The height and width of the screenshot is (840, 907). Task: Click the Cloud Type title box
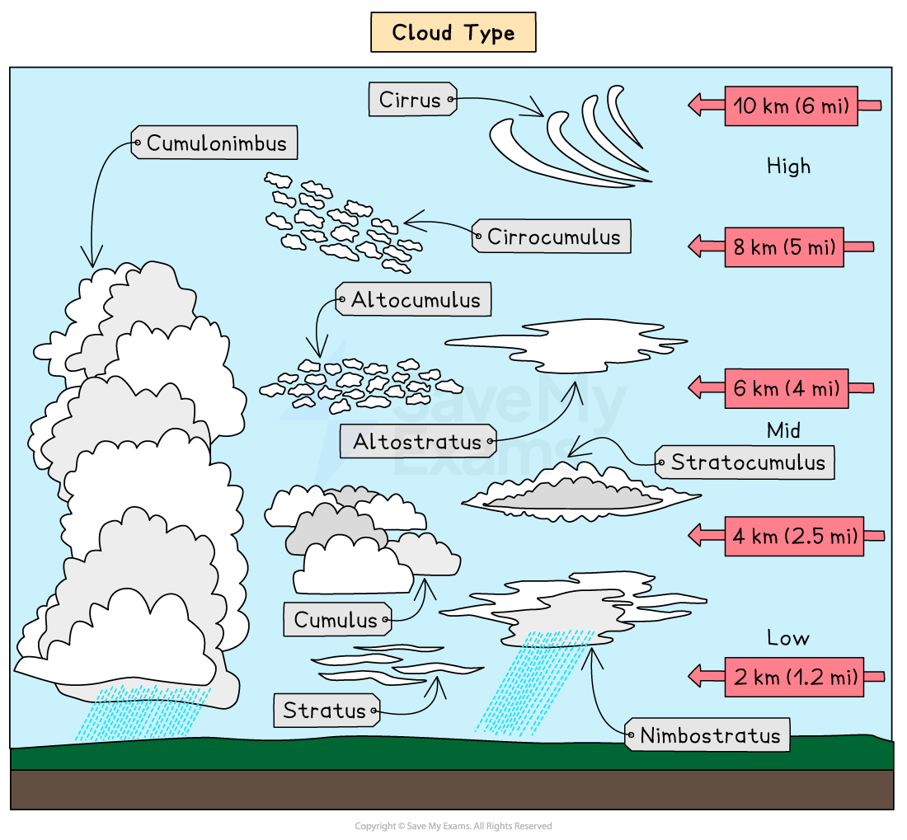453,33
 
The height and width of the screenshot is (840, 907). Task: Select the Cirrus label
411,100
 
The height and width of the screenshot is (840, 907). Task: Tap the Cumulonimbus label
215,143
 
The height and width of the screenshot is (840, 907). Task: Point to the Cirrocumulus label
552,237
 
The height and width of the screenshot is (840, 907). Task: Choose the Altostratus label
418,442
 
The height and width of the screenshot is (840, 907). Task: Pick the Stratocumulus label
746,462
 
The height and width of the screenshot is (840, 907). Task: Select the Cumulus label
336,620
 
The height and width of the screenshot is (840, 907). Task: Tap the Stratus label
325,710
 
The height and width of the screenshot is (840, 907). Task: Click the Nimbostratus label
708,734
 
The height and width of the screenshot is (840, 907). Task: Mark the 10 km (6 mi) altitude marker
791,106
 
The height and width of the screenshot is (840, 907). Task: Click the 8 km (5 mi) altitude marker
784,246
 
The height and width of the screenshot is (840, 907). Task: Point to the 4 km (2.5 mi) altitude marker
794,536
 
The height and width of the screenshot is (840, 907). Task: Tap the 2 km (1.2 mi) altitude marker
794,678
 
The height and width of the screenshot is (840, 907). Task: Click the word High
788,167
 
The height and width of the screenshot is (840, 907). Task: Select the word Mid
783,430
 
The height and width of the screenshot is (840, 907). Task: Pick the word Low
787,638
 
